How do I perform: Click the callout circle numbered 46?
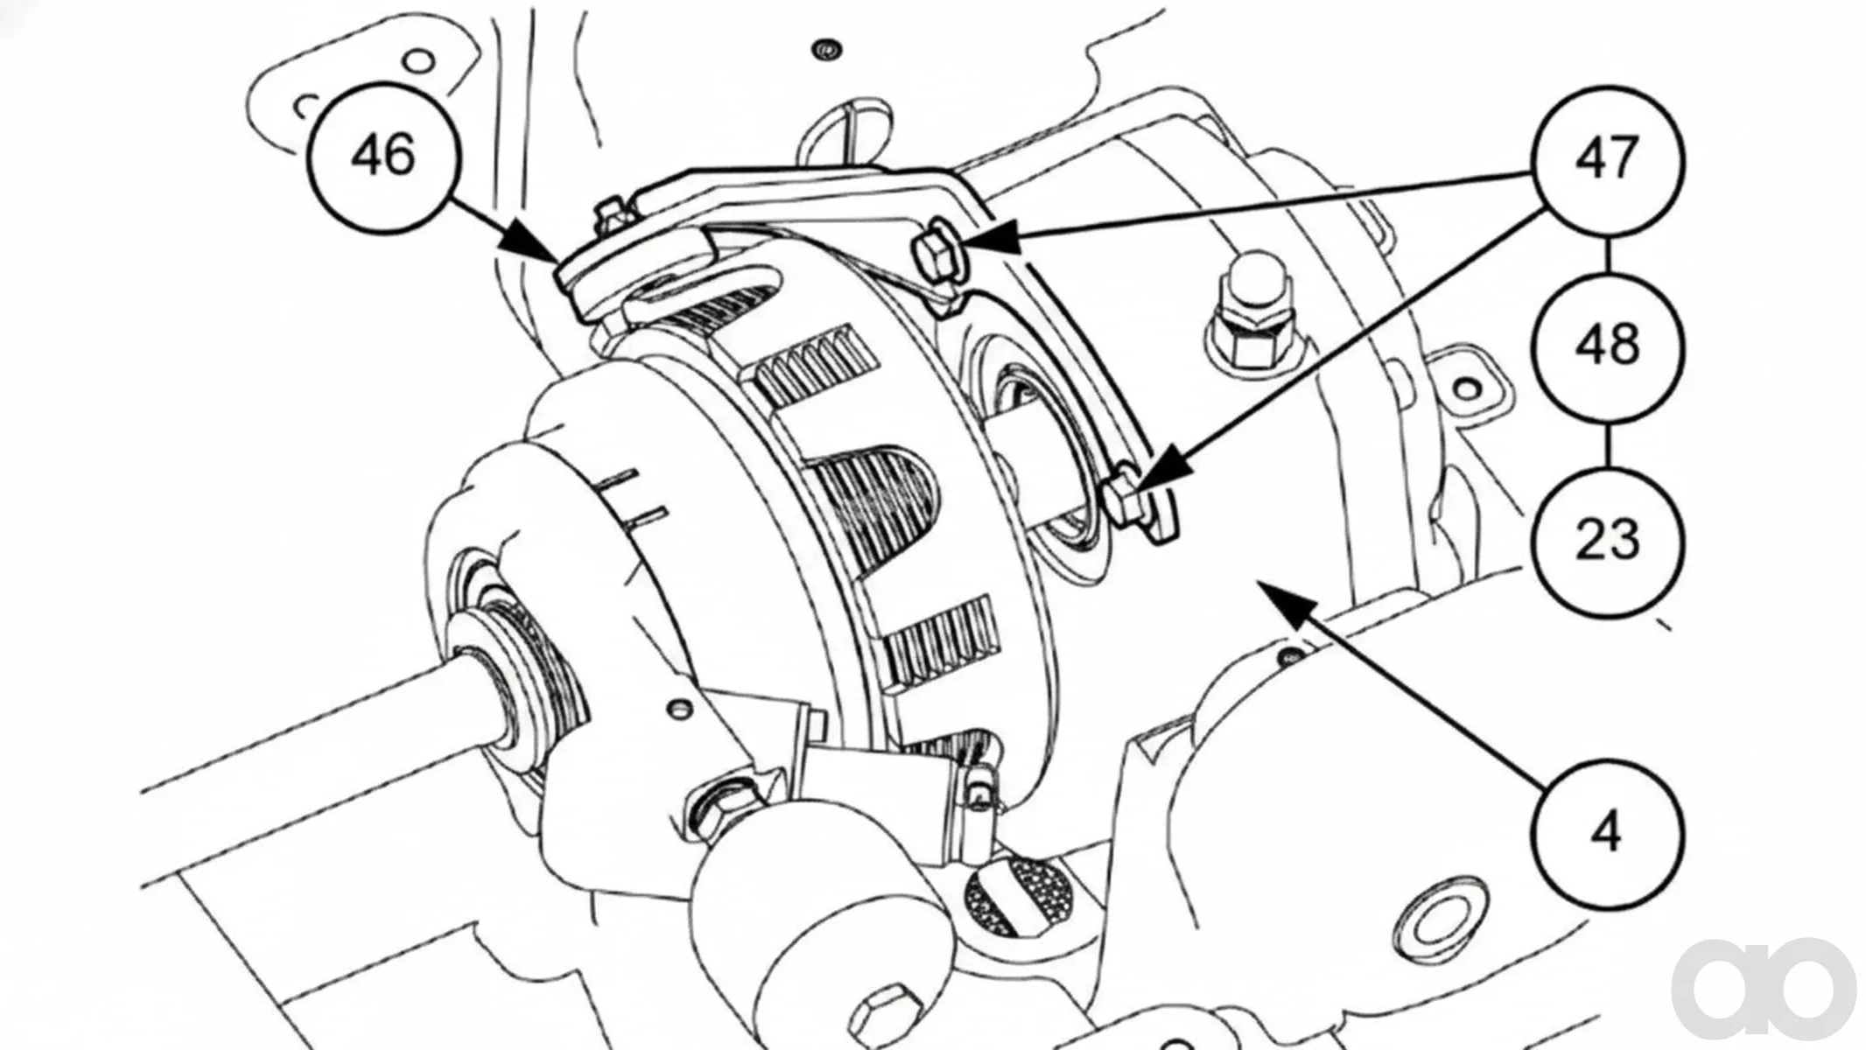pyautogui.click(x=383, y=157)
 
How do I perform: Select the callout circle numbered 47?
pyautogui.click(x=1607, y=161)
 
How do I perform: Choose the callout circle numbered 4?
pyautogui.click(x=1607, y=832)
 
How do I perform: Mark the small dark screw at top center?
pyautogui.click(x=821, y=47)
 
